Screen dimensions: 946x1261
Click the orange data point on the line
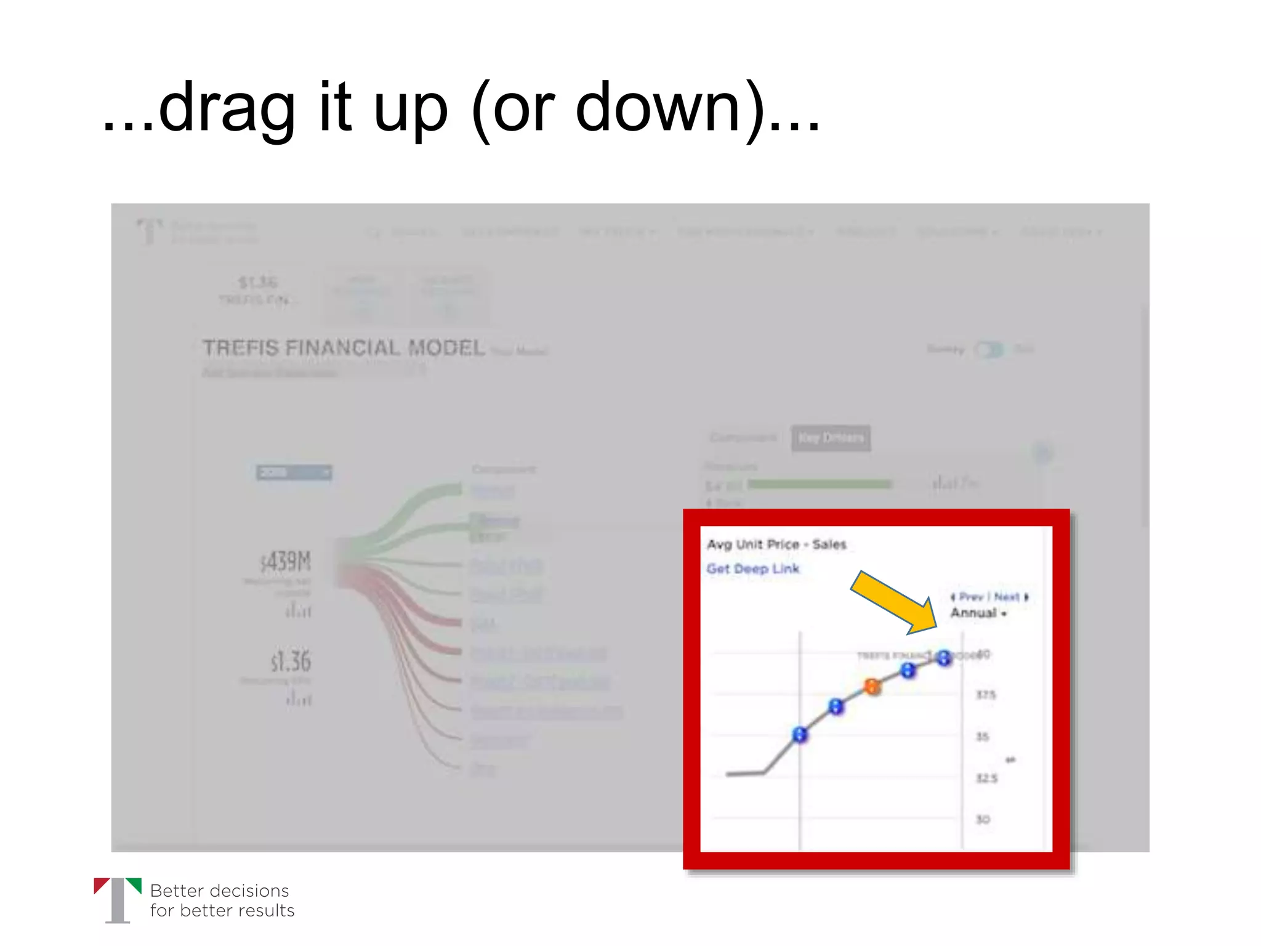pos(872,686)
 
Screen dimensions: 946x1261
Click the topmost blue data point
pos(944,658)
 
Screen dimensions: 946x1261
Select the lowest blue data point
pos(800,734)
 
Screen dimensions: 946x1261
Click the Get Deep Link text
pos(752,568)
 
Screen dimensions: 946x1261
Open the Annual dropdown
pos(978,613)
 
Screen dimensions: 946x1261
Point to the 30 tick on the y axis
pos(983,819)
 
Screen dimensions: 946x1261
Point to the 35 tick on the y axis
pos(983,737)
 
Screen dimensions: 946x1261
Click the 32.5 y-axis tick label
pos(986,778)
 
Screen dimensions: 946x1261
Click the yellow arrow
pos(893,602)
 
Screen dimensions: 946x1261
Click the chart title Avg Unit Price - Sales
pos(776,544)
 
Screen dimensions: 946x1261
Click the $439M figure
pos(286,562)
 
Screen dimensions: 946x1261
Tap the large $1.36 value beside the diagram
pos(291,661)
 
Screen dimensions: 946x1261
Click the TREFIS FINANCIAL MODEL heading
pos(344,348)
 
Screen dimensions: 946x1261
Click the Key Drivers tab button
pos(831,438)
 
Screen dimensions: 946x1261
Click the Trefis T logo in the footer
pos(118,900)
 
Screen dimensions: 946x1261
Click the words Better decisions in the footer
pos(219,891)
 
